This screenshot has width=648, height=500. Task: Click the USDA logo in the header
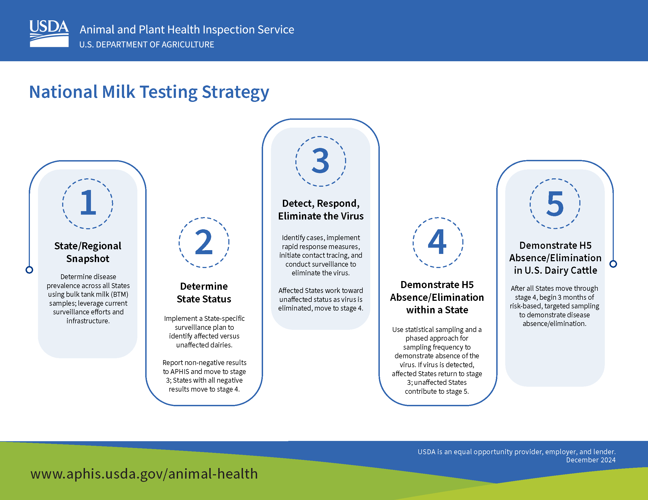tap(49, 34)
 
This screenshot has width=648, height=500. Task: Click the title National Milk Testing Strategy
tap(149, 92)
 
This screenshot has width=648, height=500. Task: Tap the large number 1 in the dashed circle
tap(88, 203)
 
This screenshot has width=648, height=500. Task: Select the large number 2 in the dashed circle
tap(204, 242)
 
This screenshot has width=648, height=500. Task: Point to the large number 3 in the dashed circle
tap(320, 161)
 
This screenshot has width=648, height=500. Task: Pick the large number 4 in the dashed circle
tap(437, 242)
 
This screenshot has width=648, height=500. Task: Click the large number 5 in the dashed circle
tap(555, 204)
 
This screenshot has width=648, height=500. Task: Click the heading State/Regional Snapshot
tap(88, 252)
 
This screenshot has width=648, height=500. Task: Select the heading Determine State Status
tap(204, 293)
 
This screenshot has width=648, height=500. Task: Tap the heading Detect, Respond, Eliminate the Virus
tap(321, 210)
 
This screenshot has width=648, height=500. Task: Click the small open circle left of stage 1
tap(29, 270)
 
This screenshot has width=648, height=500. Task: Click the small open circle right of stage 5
tap(613, 264)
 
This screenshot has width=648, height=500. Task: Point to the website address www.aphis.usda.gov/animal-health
tap(144, 474)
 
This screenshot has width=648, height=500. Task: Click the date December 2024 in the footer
tap(590, 460)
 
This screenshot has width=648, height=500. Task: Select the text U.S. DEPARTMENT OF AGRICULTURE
tap(147, 45)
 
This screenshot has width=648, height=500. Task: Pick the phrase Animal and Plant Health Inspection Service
tap(187, 30)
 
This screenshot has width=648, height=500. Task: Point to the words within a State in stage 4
tap(437, 310)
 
